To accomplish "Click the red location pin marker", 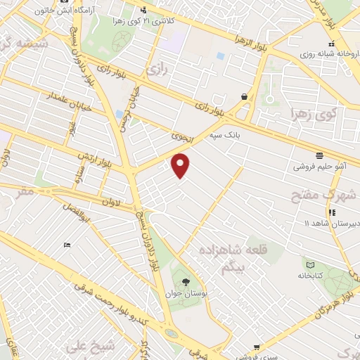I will (181, 165).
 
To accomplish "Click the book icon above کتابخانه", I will (310, 264).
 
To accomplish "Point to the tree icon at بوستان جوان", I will (186, 283).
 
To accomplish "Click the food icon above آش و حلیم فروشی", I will (319, 155).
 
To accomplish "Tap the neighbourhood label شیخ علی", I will (84, 346).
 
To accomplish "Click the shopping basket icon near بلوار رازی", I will (244, 96).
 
